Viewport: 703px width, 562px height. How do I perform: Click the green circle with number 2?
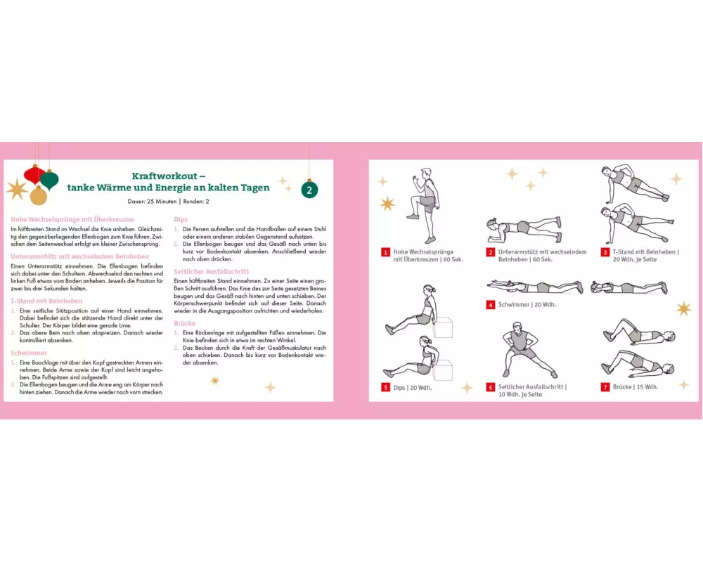310,189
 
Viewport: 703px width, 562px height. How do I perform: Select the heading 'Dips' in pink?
181,219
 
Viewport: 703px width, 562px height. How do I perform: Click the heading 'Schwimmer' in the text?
29,352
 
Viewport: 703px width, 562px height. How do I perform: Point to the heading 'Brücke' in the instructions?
185,322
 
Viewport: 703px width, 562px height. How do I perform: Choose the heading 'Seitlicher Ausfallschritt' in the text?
211,271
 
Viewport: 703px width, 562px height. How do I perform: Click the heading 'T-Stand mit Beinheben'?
46,301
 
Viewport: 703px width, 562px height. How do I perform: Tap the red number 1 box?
386,251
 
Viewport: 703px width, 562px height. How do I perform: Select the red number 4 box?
491,305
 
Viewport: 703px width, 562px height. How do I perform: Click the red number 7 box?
605,387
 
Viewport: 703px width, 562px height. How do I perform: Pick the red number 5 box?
386,387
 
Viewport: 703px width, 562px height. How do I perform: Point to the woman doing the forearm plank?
524,228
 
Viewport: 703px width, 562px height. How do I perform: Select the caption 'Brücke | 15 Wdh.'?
636,387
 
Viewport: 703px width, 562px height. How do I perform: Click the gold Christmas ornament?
39,196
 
